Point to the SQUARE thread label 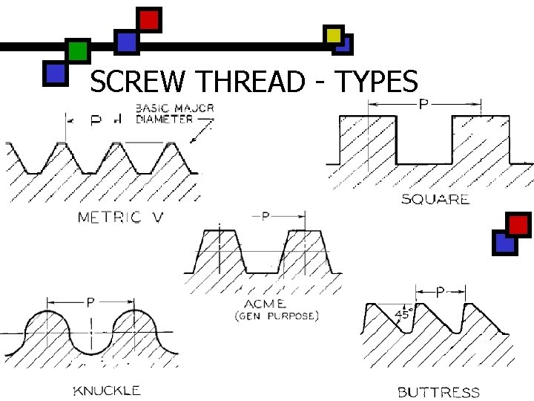coord(435,198)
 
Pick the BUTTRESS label coord(438,391)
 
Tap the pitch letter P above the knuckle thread coord(90,301)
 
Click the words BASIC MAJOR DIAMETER coord(174,113)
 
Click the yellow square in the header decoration coord(334,35)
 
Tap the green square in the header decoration coord(77,51)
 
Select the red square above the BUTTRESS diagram coord(518,224)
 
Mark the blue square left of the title coord(55,73)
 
